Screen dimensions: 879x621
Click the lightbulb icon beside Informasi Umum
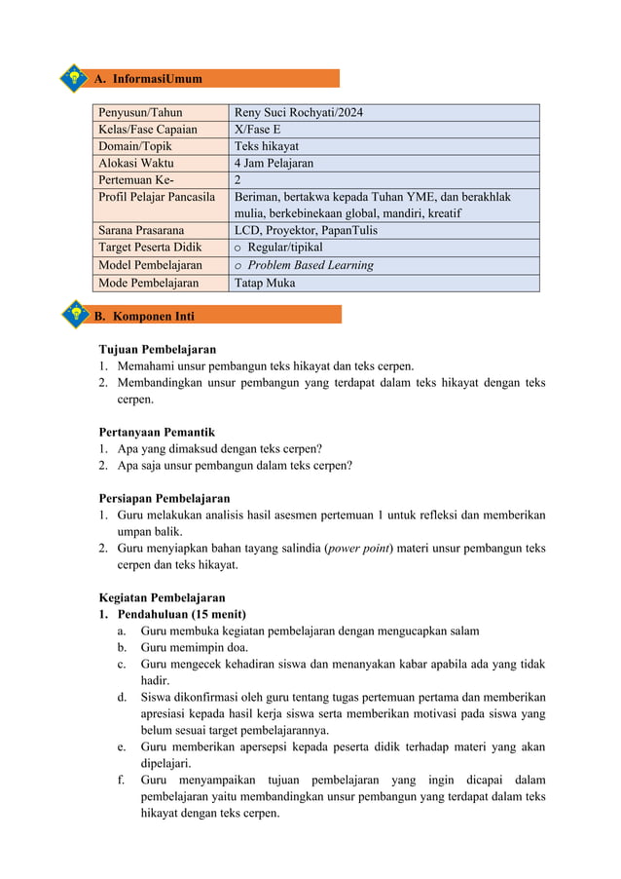coord(74,78)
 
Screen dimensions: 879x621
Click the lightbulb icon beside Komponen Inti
coord(74,315)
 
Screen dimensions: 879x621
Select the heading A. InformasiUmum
coord(156,78)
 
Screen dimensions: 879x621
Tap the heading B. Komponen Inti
coord(153,316)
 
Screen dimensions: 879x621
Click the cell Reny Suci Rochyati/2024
coord(299,113)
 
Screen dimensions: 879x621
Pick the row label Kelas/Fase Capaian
coord(148,130)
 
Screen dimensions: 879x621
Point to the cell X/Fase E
coord(257,130)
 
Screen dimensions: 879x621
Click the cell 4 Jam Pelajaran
coord(274,164)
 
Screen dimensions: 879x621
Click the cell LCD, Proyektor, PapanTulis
coord(307,231)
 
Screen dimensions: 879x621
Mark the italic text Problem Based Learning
coord(310,265)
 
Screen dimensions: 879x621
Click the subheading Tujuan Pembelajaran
coord(158,349)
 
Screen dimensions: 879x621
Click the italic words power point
coord(359,548)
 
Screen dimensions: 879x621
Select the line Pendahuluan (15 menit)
coord(181,614)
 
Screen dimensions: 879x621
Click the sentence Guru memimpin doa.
coord(195,647)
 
